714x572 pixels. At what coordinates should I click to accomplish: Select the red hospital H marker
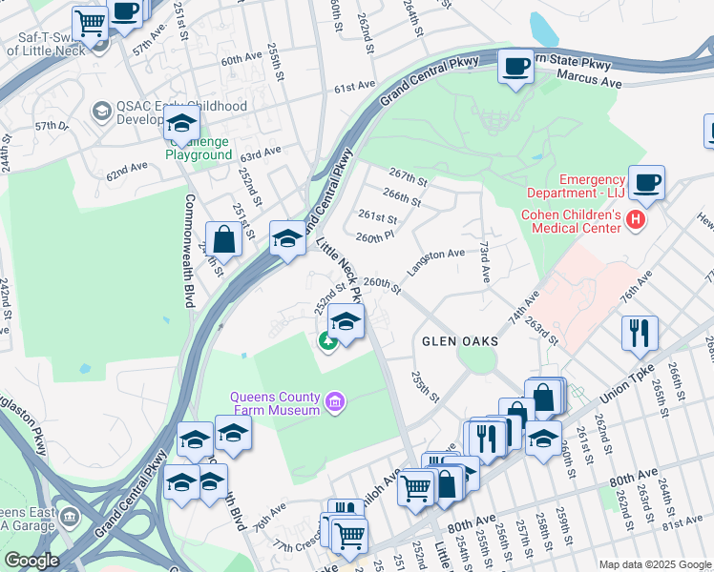pyautogui.click(x=635, y=221)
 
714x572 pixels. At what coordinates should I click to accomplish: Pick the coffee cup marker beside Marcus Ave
pyautogui.click(x=515, y=67)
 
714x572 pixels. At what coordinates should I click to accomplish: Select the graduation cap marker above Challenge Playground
pyautogui.click(x=181, y=124)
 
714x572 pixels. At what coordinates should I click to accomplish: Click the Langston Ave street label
pyautogui.click(x=435, y=261)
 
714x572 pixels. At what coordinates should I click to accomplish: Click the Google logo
pyautogui.click(x=31, y=561)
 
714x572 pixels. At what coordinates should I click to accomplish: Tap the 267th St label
pyautogui.click(x=408, y=177)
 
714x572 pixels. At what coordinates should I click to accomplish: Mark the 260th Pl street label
pyautogui.click(x=374, y=235)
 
